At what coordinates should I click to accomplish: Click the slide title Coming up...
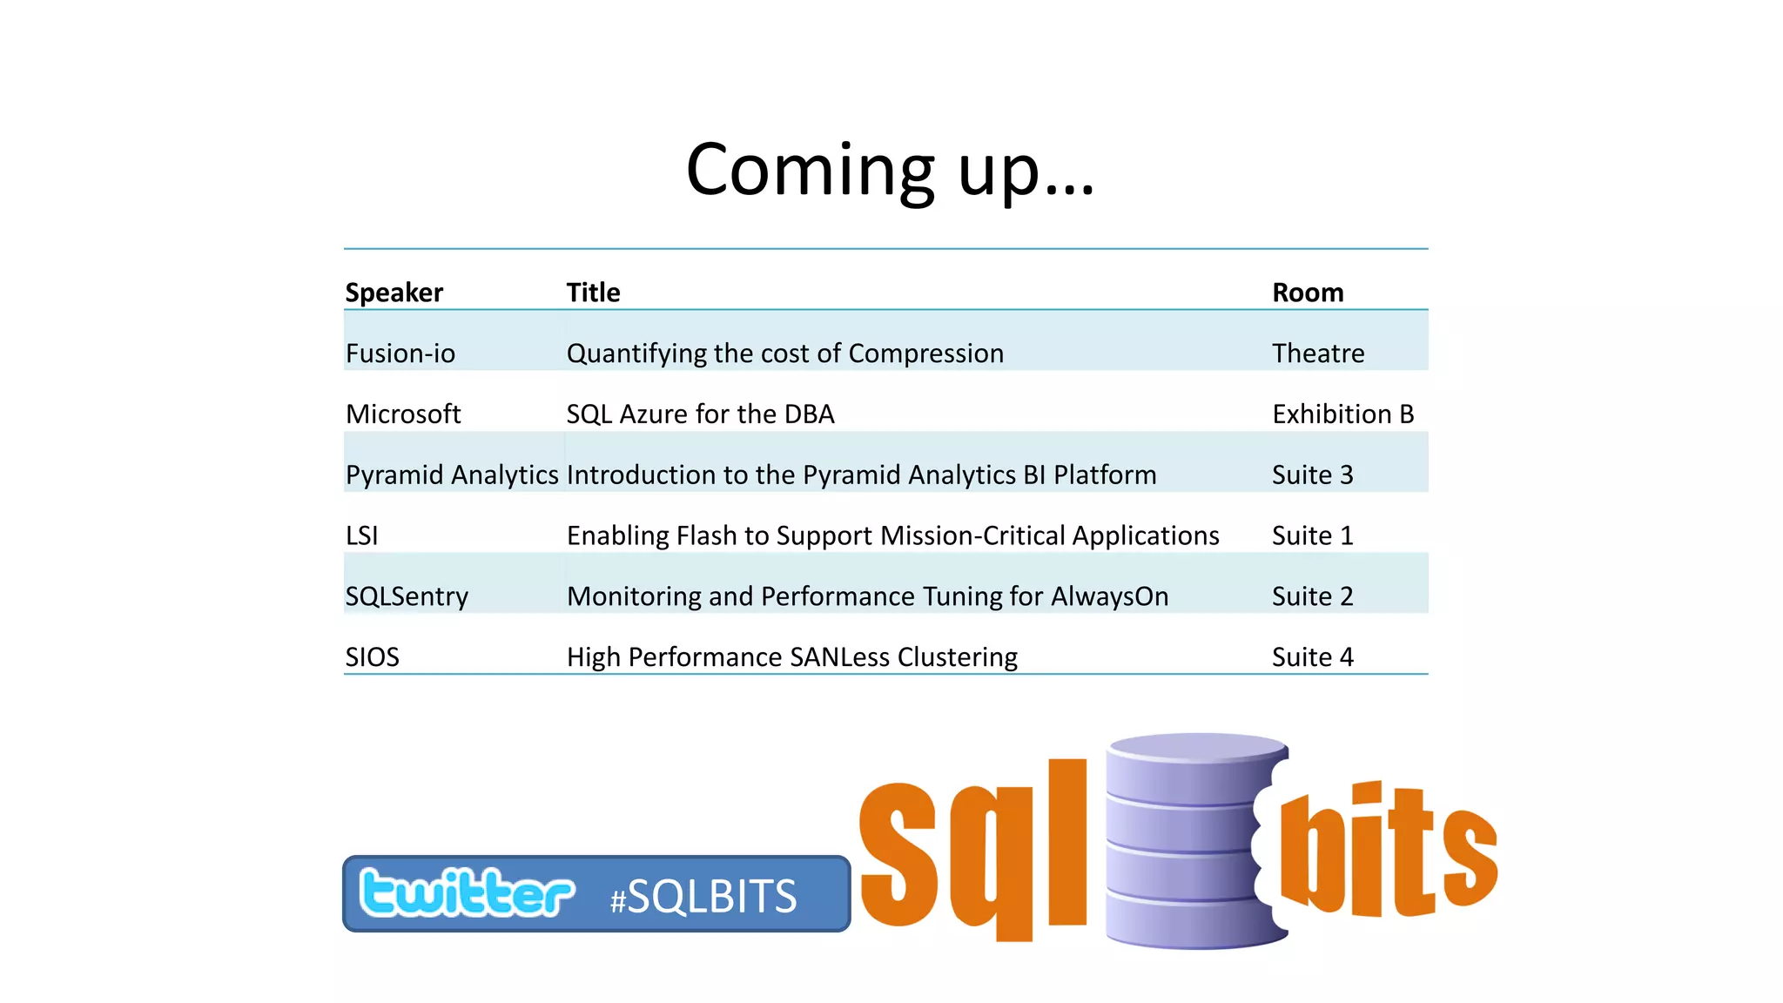coord(889,170)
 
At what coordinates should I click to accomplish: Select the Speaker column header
coord(394,293)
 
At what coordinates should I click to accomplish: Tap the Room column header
coord(1307,293)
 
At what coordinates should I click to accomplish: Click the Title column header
coord(593,293)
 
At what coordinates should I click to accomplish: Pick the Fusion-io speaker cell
coord(400,353)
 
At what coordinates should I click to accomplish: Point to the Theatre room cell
coord(1317,353)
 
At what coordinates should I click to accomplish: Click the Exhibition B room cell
coord(1342,414)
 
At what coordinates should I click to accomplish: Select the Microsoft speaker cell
coord(402,414)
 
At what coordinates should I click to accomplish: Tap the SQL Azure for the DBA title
coord(700,414)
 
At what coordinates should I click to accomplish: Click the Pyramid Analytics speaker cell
coord(451,475)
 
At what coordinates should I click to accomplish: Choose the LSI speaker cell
coord(361,535)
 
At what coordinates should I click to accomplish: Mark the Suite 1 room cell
coord(1312,535)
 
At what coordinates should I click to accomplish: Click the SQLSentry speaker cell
coord(407,596)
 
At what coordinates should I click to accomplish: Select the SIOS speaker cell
coord(372,657)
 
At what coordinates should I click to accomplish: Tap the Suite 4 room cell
coord(1312,657)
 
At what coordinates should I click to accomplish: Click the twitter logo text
coord(467,893)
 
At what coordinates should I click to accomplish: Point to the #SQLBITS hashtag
coord(703,897)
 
